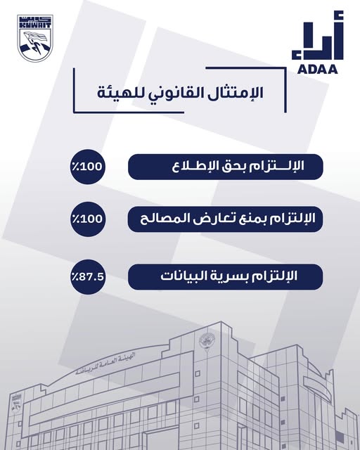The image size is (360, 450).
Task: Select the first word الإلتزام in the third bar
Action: click(284, 276)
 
